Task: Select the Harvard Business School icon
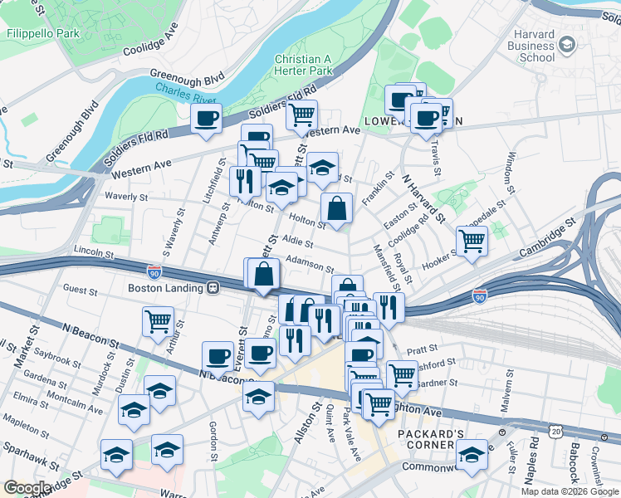point(568,43)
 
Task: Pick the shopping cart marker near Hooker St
point(472,242)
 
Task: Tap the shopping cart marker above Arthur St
point(158,321)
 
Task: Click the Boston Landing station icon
point(213,288)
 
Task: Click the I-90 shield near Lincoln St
point(154,271)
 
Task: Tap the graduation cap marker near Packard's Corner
point(472,454)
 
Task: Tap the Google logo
point(27,488)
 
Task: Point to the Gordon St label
point(213,434)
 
